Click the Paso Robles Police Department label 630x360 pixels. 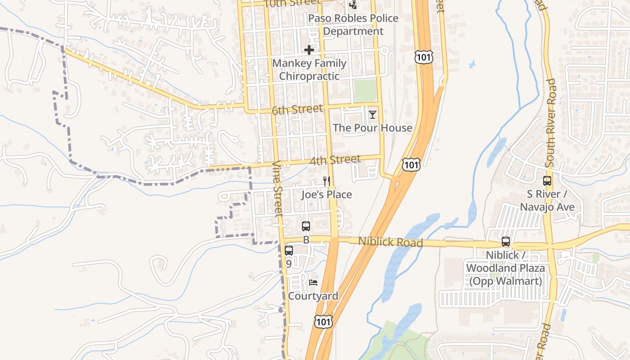(354, 25)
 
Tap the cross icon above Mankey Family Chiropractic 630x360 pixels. (309, 50)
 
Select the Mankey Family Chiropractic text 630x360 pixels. (309, 70)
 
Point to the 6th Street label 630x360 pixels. (297, 109)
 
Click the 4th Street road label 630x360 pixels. (335, 160)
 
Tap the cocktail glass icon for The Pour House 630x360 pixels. (373, 115)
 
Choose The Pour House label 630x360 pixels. (373, 128)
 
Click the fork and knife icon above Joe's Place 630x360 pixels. (327, 181)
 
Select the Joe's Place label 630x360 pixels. (327, 195)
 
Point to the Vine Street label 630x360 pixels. (278, 189)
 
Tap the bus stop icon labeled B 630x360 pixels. (306, 226)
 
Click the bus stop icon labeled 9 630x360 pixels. (289, 251)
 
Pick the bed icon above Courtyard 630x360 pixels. (313, 283)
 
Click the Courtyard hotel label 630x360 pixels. (313, 296)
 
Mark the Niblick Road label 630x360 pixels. (391, 242)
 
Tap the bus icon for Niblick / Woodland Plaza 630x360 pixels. (506, 242)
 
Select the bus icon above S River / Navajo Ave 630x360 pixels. (547, 181)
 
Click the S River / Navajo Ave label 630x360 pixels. (547, 201)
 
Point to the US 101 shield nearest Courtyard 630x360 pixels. (324, 321)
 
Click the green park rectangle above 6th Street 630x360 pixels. (365, 90)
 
